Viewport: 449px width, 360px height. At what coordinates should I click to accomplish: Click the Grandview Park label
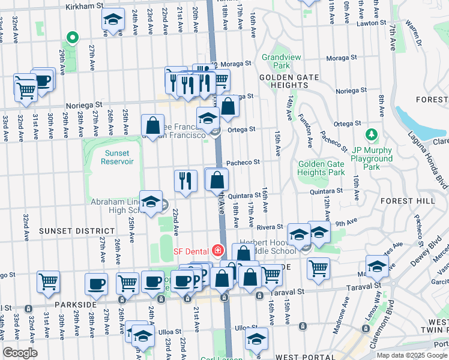tap(276, 61)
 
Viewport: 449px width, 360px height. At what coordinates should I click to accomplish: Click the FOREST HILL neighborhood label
tap(423, 202)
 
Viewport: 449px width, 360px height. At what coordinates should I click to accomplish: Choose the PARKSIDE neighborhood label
tap(76, 304)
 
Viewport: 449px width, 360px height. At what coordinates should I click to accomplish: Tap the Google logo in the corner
tap(20, 353)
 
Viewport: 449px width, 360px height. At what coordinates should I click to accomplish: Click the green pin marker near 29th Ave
tap(72, 38)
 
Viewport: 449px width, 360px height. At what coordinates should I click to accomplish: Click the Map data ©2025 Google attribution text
tap(411, 355)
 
